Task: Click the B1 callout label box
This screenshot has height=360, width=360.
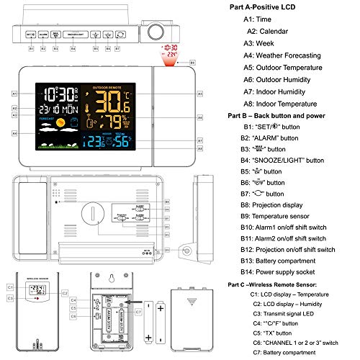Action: point(32,49)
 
